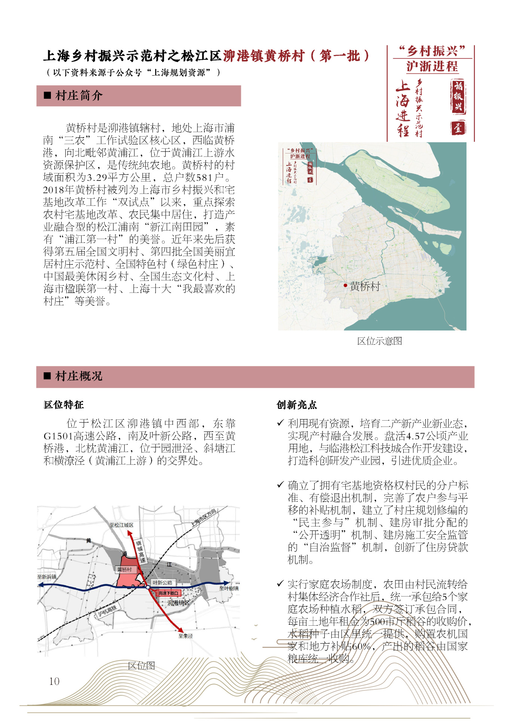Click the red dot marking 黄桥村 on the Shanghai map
coord(345,285)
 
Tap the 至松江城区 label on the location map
coord(121,525)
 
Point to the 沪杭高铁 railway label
coord(107,611)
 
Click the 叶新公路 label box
coord(163,583)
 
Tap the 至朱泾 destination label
coord(186,636)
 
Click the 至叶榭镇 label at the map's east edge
coord(229,589)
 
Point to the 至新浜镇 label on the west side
coord(47,577)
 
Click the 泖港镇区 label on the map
coord(178,602)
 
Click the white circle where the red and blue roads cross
coord(148,588)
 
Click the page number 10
coord(54,681)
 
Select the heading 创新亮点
coord(297,405)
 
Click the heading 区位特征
coord(64,405)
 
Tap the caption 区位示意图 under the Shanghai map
coord(379,341)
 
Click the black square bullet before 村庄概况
coord(47,376)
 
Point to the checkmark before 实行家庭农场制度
coord(280,583)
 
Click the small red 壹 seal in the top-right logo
coord(458,128)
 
